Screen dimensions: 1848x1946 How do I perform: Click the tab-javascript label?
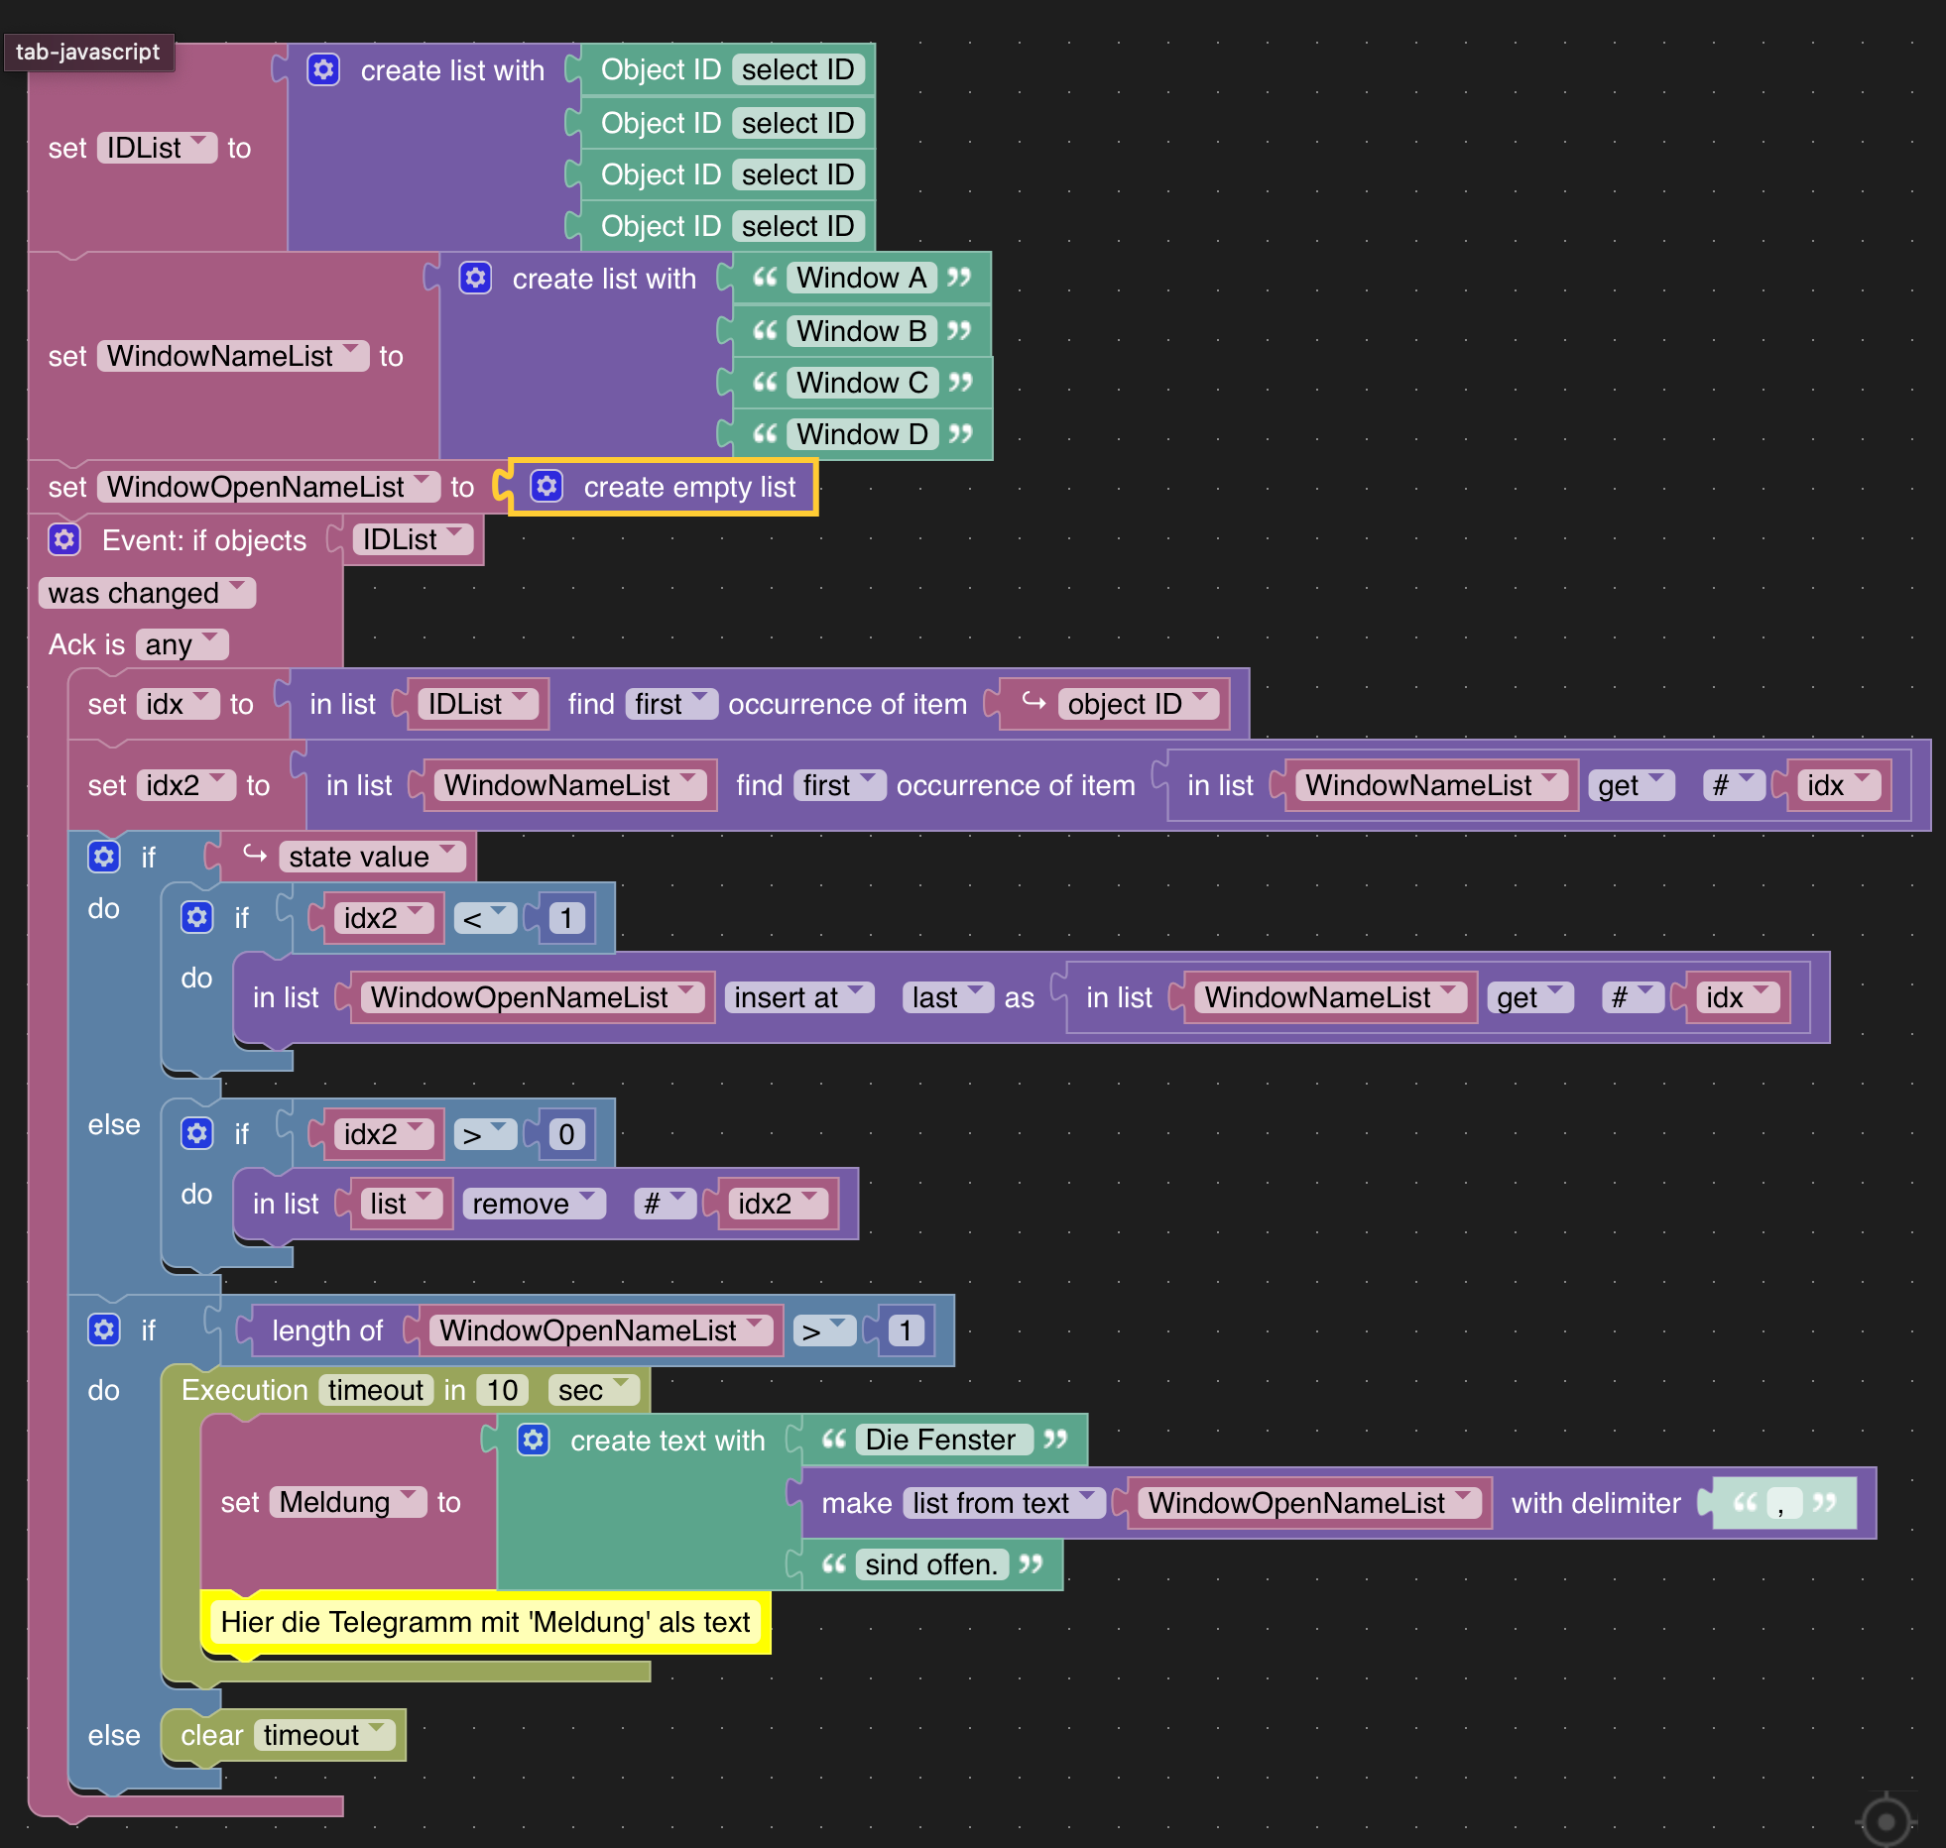[87, 52]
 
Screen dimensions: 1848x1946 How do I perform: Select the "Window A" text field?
[861, 278]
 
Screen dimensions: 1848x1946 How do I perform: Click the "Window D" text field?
[862, 434]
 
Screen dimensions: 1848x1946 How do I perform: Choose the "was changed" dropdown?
[146, 593]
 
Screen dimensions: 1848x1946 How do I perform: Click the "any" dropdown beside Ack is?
[182, 644]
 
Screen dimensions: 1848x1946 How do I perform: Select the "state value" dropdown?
[371, 857]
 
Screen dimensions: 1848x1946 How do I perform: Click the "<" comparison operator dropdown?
[484, 918]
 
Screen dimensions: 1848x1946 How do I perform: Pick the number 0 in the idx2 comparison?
[566, 1134]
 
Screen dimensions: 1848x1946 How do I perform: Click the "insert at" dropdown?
[798, 997]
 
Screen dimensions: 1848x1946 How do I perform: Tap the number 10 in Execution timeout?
[502, 1390]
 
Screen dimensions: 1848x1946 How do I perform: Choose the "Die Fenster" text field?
[940, 1440]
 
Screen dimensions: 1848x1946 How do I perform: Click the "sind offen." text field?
[930, 1564]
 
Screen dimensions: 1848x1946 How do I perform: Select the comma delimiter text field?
[1782, 1504]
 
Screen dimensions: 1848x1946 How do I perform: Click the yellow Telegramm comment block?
[485, 1622]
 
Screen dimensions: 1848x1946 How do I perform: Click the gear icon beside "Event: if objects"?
[64, 540]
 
